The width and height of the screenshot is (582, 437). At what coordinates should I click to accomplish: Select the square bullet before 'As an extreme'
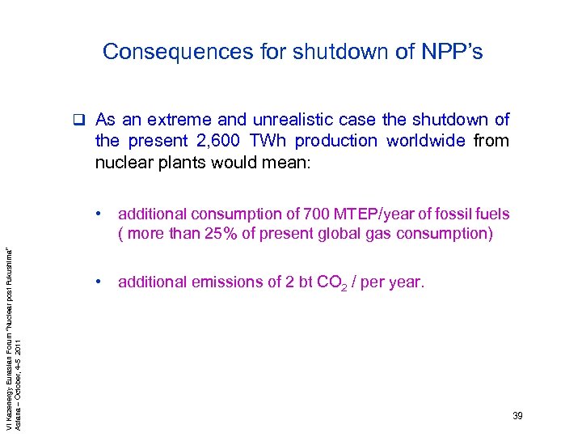[x=81, y=121]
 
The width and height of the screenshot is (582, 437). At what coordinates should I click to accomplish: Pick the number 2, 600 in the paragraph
[x=206, y=141]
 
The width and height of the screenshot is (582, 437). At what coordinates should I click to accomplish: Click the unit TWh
[x=264, y=141]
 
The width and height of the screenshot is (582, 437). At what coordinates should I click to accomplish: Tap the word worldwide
[x=426, y=141]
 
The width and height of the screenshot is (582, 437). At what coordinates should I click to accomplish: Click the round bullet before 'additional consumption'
[x=97, y=214]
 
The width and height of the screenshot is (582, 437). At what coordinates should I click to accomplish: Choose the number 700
[x=315, y=214]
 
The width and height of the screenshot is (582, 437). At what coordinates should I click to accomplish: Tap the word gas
[x=390, y=235]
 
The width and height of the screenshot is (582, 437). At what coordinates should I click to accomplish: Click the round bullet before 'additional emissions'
[x=97, y=282]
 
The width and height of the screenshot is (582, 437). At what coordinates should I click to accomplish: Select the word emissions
[x=221, y=282]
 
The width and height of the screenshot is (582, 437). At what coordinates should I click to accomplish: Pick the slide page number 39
[x=517, y=415]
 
